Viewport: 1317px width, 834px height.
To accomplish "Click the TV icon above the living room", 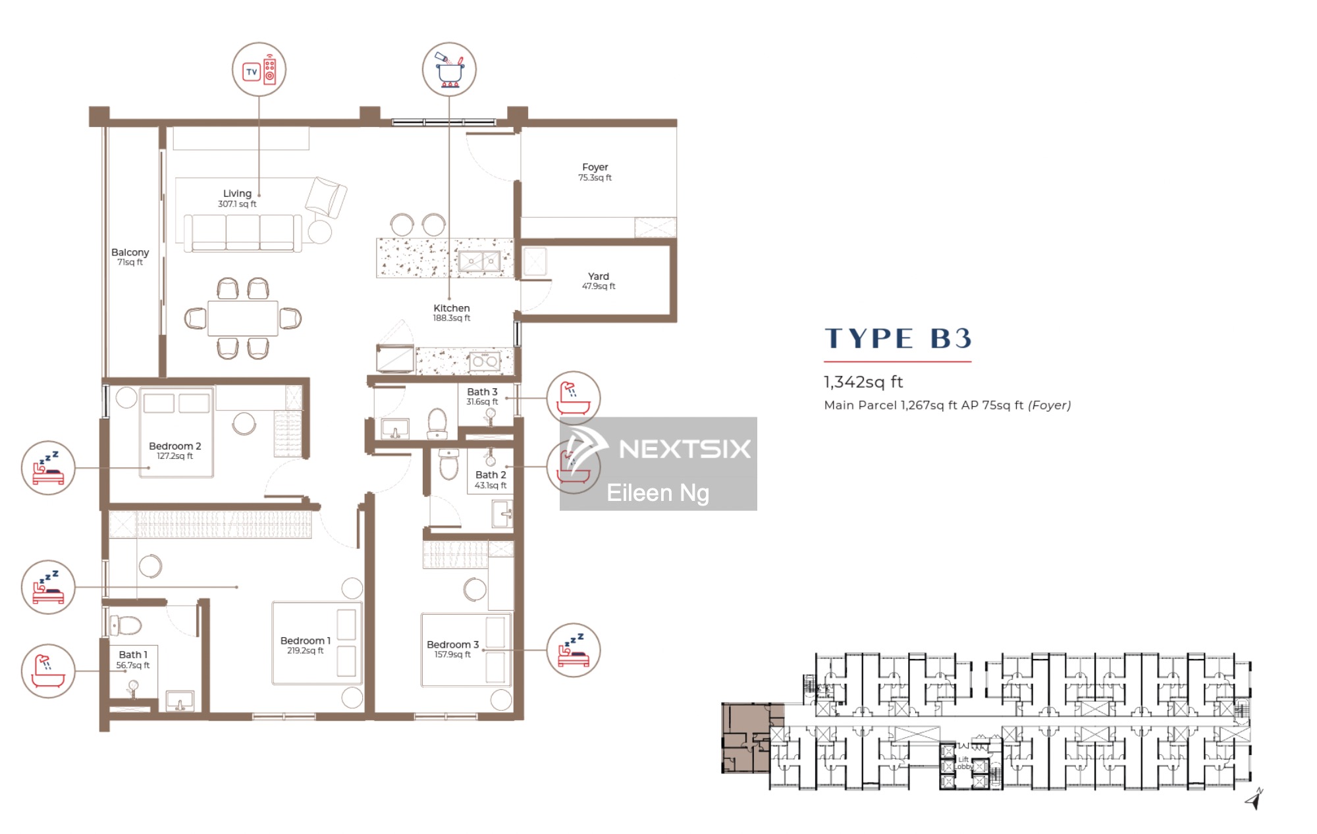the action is (259, 70).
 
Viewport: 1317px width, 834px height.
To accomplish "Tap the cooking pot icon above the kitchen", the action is (449, 69).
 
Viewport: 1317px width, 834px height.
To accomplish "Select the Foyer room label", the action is (595, 172).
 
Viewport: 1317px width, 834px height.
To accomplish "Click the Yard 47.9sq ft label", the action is (599, 281).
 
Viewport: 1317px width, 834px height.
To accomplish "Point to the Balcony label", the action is (130, 257).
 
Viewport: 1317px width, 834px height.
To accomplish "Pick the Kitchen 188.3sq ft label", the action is (452, 313).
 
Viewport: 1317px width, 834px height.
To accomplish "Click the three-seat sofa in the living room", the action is (242, 233).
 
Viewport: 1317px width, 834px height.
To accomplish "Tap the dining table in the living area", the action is (242, 319).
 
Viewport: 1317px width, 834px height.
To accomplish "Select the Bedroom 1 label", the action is (306, 645).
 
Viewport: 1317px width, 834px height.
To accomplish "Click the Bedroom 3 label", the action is (452, 649).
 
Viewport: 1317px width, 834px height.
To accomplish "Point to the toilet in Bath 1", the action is (124, 624).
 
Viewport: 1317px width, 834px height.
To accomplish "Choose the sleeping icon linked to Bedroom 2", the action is (48, 468).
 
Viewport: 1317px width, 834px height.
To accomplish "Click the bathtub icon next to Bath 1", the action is (48, 671).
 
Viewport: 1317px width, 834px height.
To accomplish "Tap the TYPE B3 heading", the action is (898, 338).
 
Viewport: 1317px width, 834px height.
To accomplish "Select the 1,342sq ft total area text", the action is (863, 382).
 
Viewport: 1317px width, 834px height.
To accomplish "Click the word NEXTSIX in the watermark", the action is (685, 449).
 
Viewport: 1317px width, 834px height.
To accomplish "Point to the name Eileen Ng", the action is (658, 493).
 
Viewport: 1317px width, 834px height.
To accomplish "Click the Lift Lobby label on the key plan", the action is (963, 763).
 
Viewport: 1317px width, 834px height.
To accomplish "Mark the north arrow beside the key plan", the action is (1254, 798).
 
